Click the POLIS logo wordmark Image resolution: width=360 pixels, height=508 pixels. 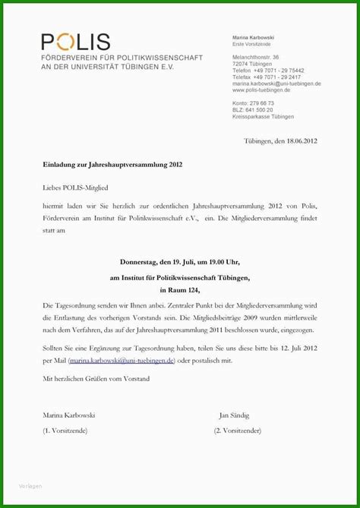tap(75, 42)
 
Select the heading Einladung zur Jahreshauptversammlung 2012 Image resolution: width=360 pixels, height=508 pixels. tap(112, 163)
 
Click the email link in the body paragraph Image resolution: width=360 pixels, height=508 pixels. tap(122, 361)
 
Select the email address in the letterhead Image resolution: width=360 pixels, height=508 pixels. tap(276, 84)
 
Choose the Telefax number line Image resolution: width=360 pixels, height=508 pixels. tap(267, 77)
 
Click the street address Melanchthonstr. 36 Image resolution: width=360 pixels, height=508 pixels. tap(256, 57)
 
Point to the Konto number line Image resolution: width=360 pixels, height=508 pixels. tap(254, 103)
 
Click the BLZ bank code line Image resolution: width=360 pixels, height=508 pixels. tap(253, 109)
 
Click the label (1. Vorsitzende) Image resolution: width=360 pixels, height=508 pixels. tap(65, 431)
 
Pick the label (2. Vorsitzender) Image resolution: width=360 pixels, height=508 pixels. tap(238, 431)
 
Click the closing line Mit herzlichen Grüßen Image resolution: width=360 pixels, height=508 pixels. tap(96, 377)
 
